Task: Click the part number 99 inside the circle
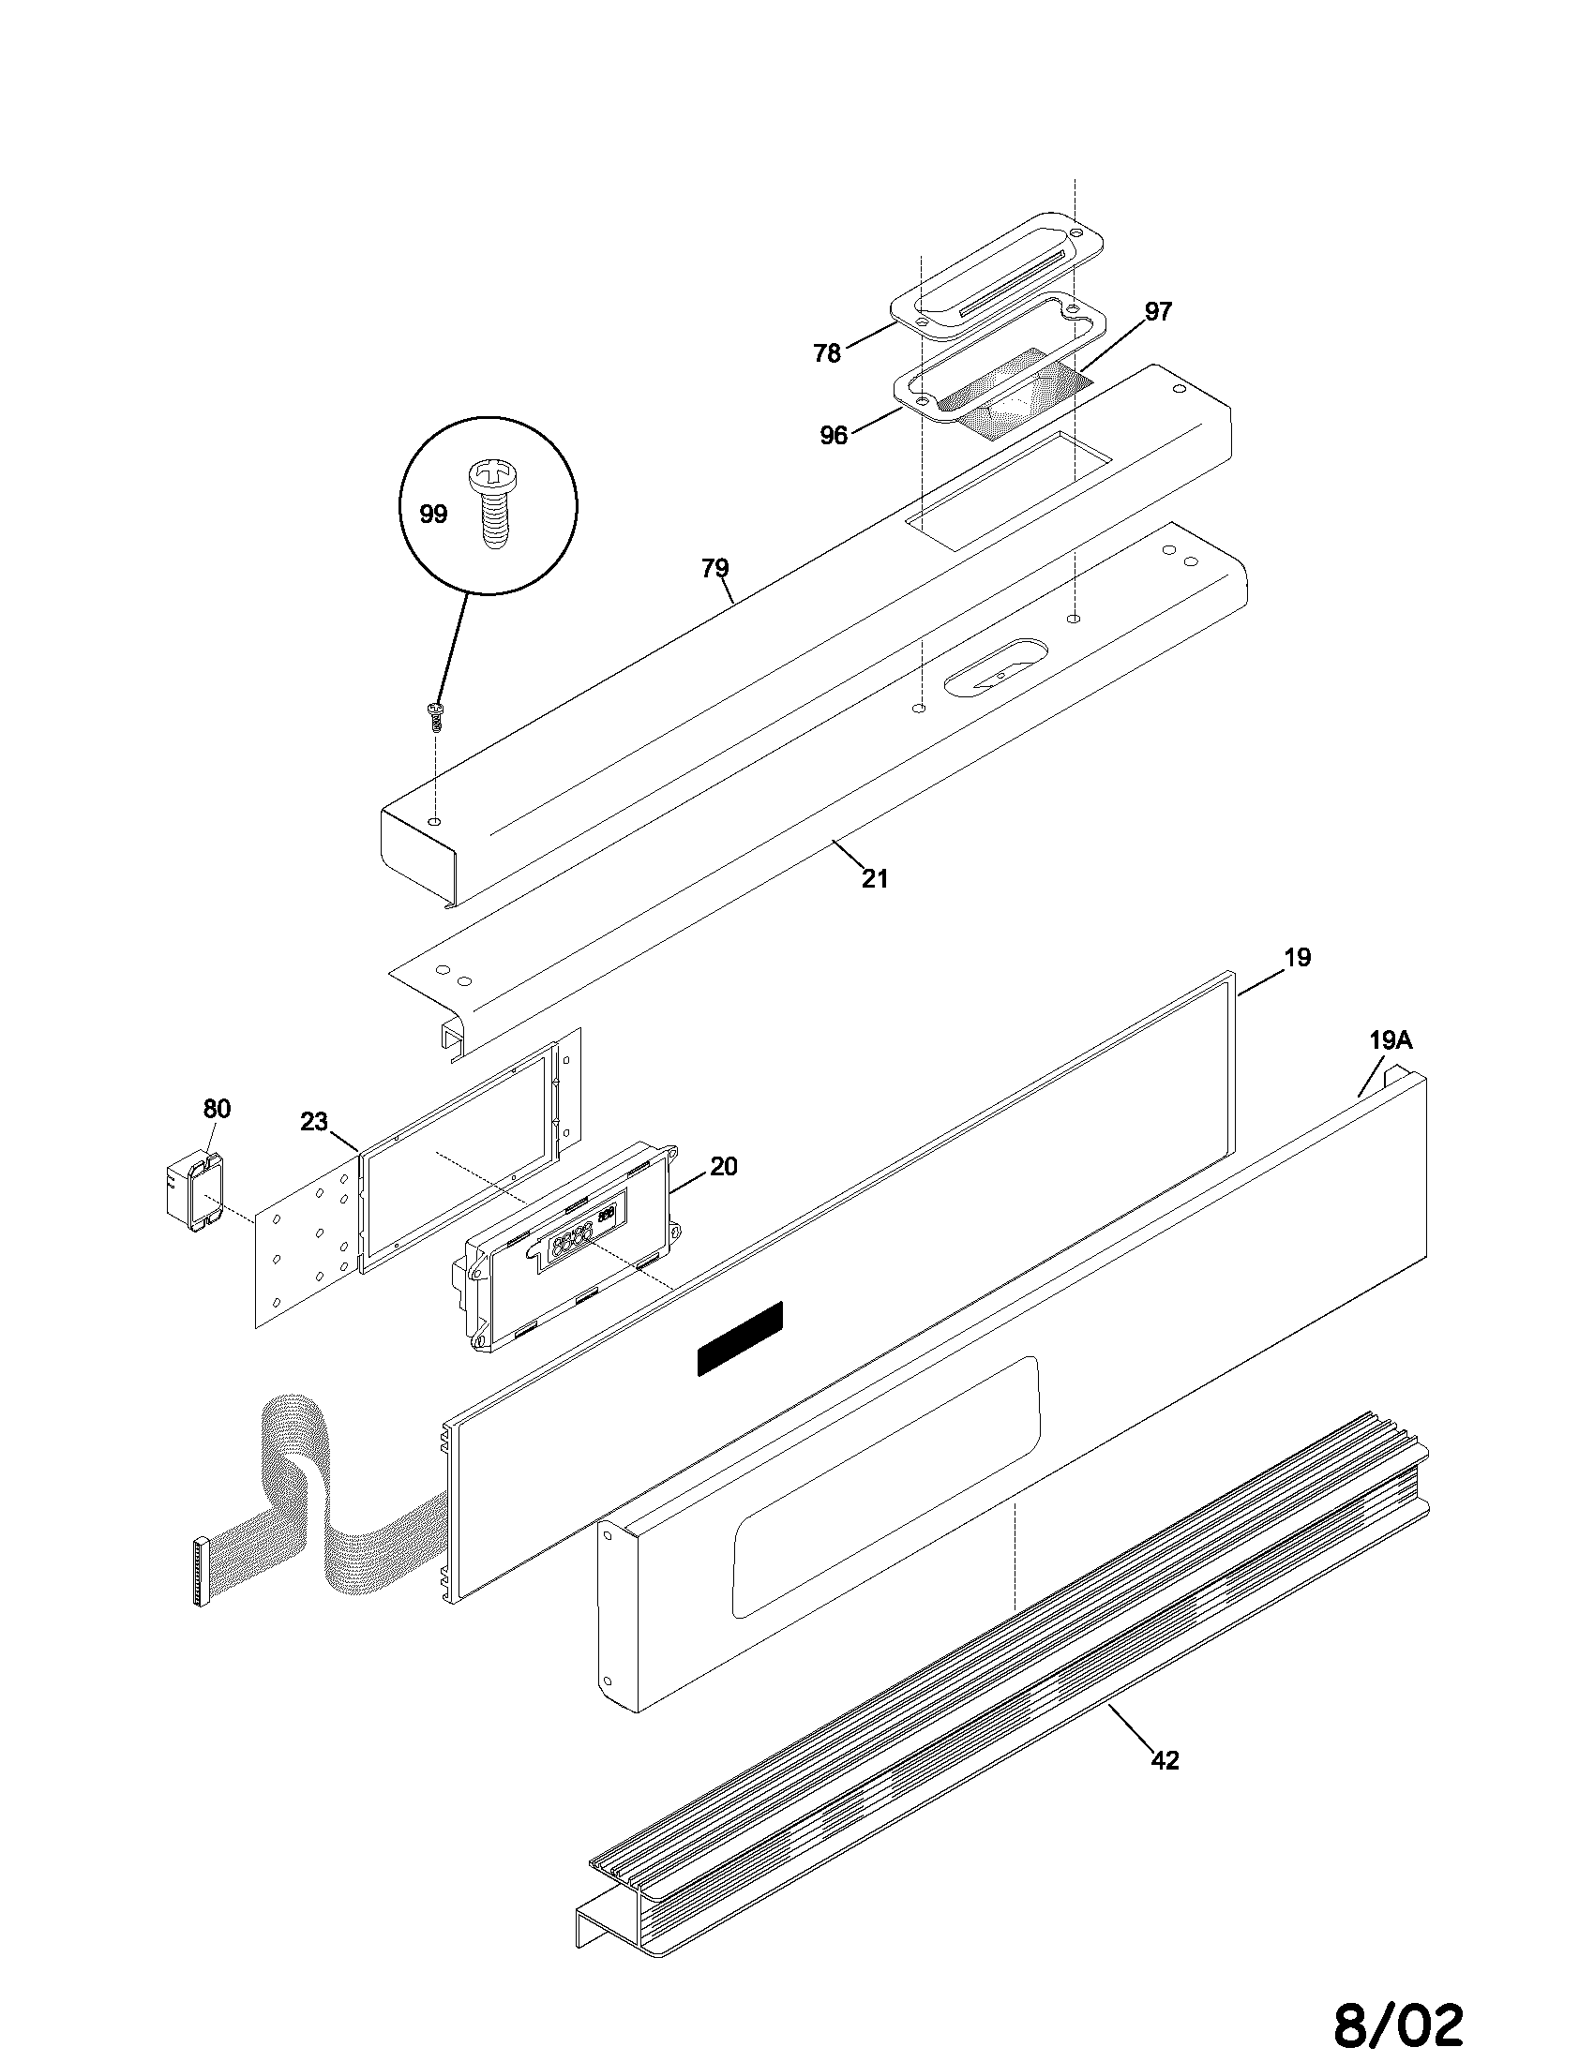(x=433, y=515)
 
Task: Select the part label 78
(x=827, y=353)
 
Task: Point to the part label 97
(x=1158, y=312)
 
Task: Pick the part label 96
(x=834, y=435)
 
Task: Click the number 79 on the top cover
(x=714, y=568)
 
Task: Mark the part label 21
(x=875, y=879)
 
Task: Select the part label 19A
(x=1390, y=1040)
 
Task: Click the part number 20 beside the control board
(x=723, y=1167)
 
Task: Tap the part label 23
(x=313, y=1122)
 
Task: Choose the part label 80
(x=217, y=1109)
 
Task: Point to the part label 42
(x=1165, y=1761)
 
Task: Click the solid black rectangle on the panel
(x=741, y=1337)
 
